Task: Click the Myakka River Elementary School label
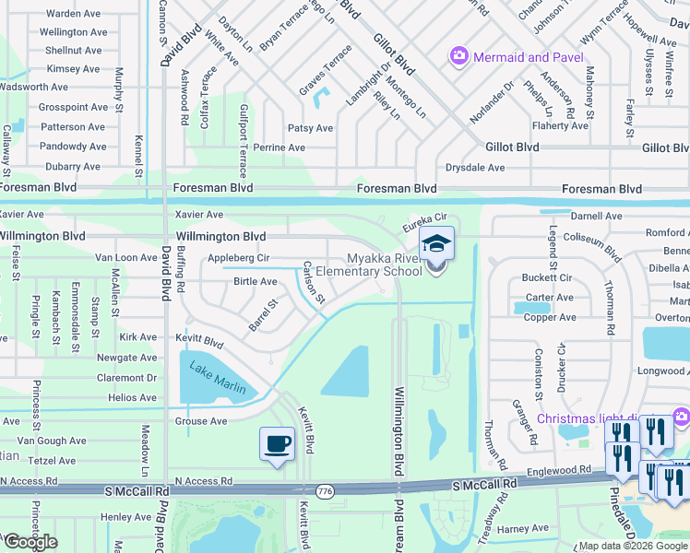(369, 265)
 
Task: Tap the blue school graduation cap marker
(436, 244)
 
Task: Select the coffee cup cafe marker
(278, 444)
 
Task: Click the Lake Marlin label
(218, 378)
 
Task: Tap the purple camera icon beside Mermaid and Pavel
(458, 57)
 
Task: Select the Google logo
(30, 542)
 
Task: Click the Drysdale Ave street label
(475, 168)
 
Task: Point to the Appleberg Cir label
(238, 258)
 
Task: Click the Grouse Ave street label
(200, 421)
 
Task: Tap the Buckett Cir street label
(547, 277)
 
